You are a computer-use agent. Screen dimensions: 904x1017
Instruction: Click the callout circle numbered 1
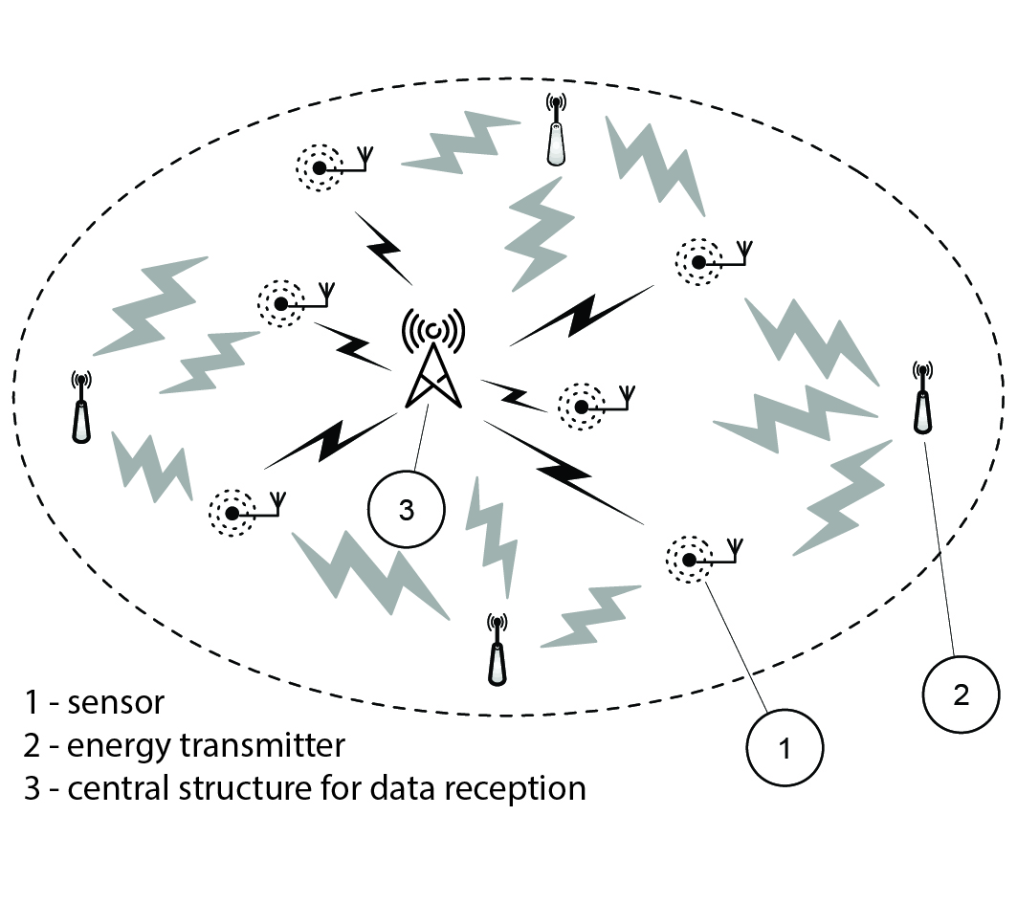[x=785, y=748]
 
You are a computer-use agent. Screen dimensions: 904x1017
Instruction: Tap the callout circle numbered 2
[x=962, y=694]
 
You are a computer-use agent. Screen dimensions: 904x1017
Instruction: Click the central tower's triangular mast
[x=434, y=378]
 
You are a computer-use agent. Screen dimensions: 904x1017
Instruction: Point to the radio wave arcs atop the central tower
[x=433, y=329]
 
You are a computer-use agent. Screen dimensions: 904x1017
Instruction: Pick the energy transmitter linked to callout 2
[x=922, y=402]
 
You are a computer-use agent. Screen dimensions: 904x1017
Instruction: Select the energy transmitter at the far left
[x=81, y=408]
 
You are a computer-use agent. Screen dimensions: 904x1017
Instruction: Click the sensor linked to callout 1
[x=687, y=558]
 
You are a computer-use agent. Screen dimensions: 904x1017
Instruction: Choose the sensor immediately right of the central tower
[x=580, y=406]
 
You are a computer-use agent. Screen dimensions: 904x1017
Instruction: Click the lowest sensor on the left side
[x=232, y=512]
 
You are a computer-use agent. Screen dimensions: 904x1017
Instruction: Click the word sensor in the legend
[x=116, y=703]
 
